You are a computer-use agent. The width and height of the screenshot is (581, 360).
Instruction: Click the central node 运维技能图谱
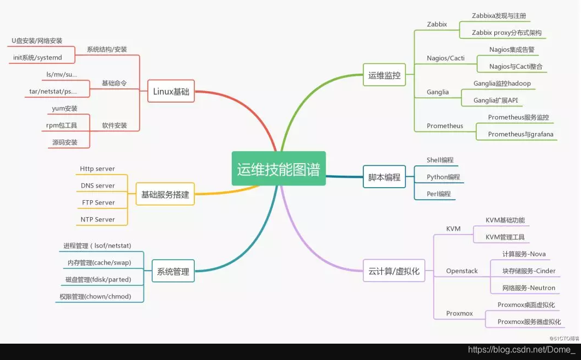click(x=278, y=169)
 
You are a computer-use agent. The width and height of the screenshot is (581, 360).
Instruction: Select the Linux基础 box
click(x=171, y=92)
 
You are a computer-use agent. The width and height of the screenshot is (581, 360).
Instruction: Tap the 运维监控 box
click(x=384, y=75)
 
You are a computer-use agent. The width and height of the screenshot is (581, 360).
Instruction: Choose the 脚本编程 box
click(x=384, y=177)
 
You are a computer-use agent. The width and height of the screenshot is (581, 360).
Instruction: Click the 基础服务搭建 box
click(x=165, y=194)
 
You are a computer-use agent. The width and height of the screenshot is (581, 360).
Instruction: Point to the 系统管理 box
click(x=173, y=271)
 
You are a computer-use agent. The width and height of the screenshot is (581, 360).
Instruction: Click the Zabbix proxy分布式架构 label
click(x=507, y=33)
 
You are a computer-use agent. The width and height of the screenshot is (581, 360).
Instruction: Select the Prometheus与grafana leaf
click(x=520, y=134)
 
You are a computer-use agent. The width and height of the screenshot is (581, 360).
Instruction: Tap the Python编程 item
click(x=443, y=177)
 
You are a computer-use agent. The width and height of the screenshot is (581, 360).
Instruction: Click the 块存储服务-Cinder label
click(x=529, y=271)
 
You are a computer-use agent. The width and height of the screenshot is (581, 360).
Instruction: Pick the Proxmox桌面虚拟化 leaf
click(x=526, y=305)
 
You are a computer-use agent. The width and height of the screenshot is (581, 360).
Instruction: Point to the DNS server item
click(x=98, y=185)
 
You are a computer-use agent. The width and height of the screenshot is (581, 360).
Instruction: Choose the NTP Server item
click(x=98, y=219)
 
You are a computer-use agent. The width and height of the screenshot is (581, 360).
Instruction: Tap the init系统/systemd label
click(x=38, y=57)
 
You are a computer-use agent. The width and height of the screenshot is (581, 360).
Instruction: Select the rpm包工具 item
click(x=62, y=125)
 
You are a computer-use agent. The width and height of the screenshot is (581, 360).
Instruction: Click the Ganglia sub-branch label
click(x=438, y=92)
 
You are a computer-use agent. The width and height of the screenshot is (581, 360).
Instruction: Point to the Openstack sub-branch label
click(x=462, y=271)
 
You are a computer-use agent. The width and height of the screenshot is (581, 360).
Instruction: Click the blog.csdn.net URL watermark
click(x=522, y=350)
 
